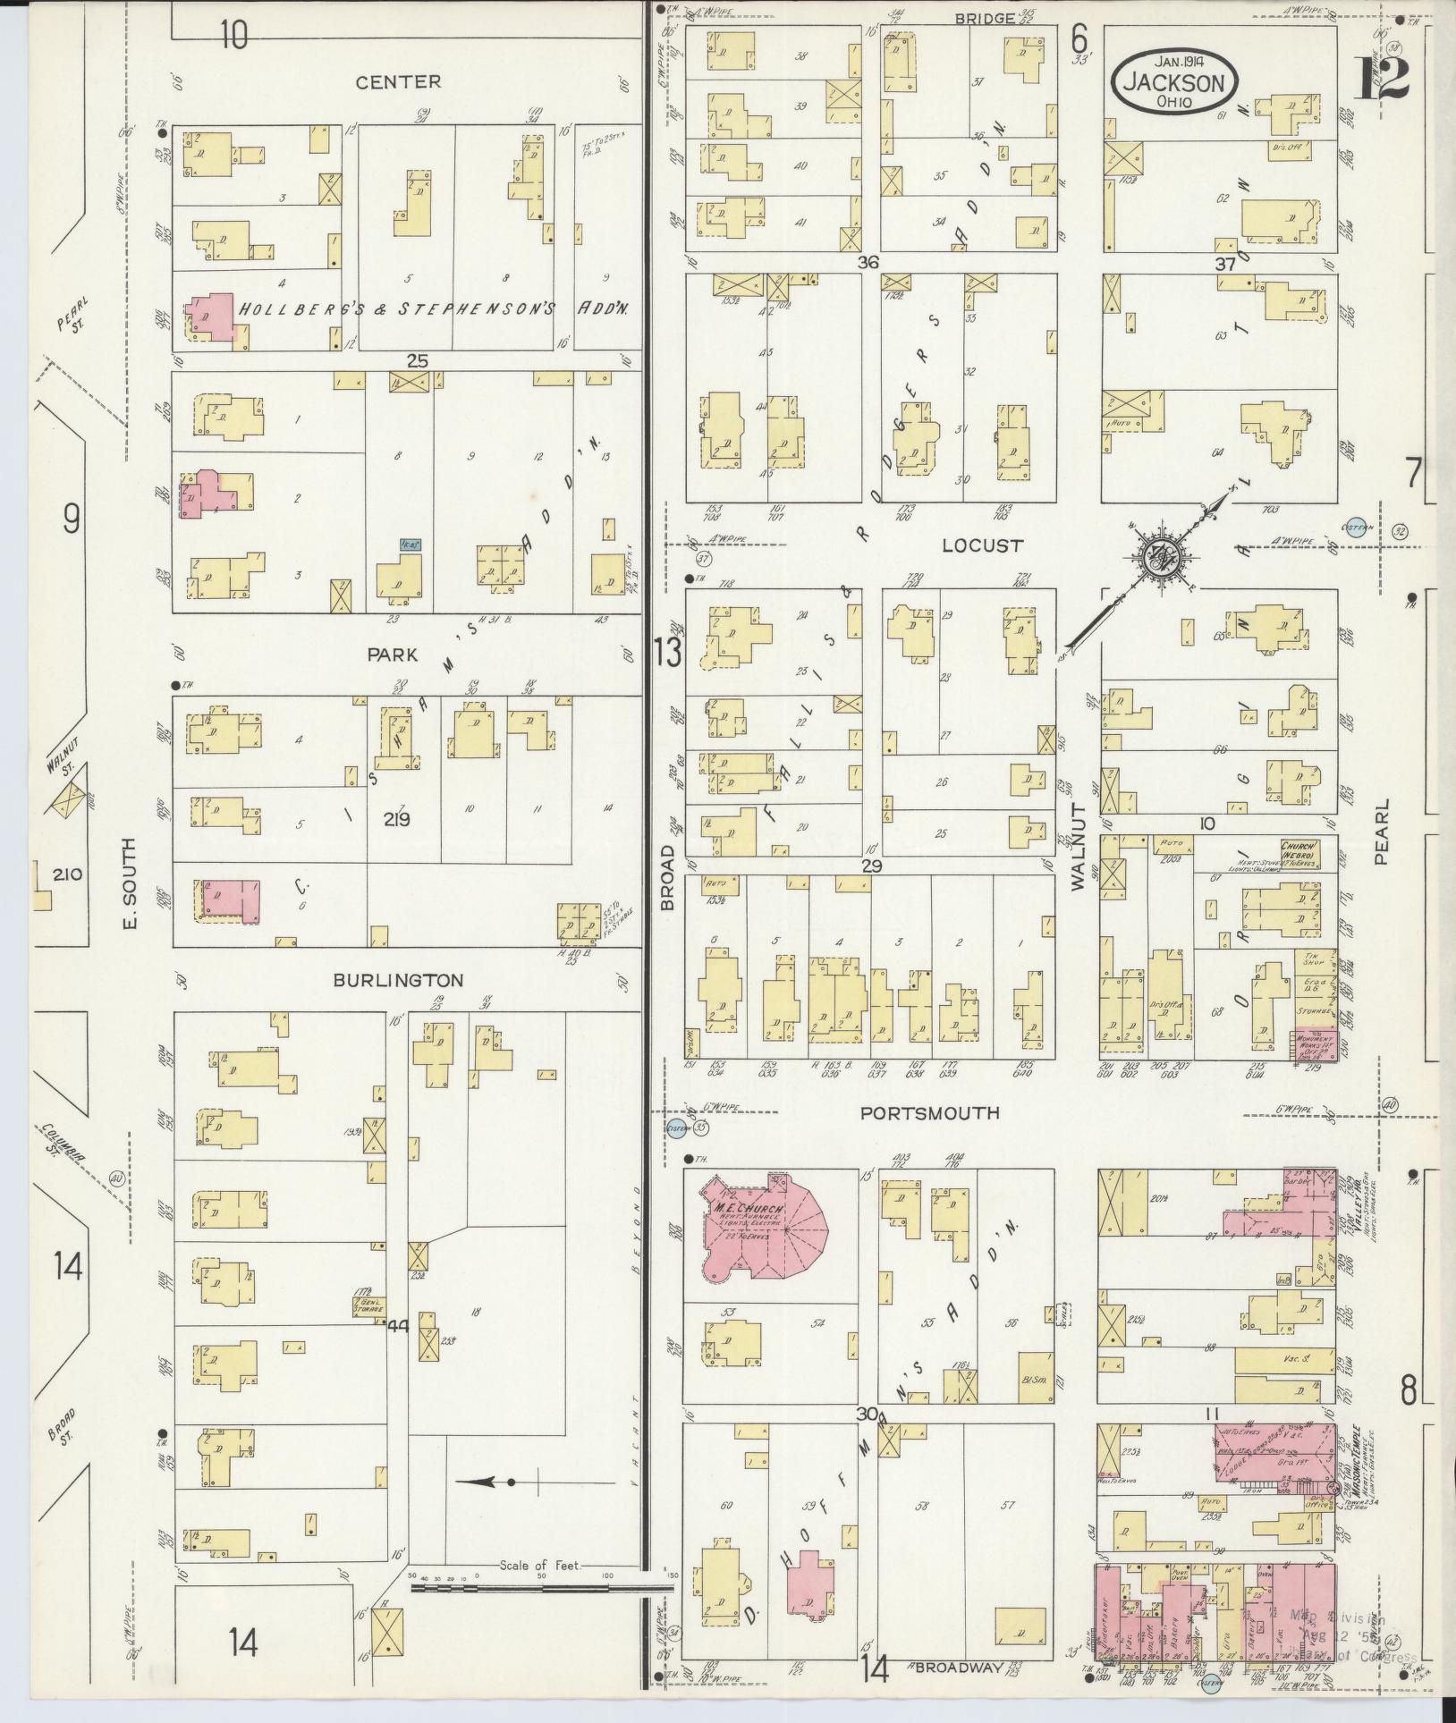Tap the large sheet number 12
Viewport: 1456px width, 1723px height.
tap(1383, 80)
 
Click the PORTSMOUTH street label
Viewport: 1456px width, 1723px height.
tap(929, 1113)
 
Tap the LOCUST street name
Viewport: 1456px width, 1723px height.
tap(982, 545)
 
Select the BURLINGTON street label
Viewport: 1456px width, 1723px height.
tap(398, 980)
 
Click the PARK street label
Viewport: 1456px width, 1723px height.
tap(392, 655)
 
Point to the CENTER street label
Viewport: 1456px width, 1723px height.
tap(398, 82)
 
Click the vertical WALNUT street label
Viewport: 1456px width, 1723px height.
tap(1077, 846)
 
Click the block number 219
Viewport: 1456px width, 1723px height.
tap(396, 818)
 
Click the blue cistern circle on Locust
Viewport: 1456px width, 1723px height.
tap(1357, 528)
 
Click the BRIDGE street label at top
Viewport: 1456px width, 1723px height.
tap(984, 18)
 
